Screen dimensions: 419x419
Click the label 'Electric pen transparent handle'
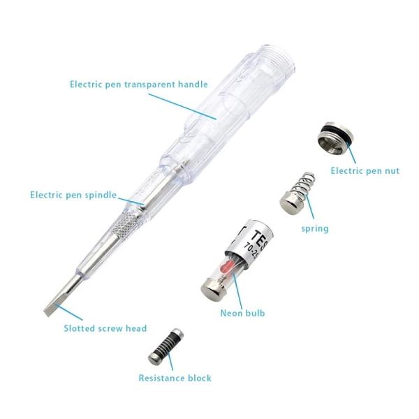(x=138, y=84)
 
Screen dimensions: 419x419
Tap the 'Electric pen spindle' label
(x=73, y=195)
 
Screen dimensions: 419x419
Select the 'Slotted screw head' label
(x=105, y=328)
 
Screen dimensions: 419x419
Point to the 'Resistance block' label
(x=175, y=378)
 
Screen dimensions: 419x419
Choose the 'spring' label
(x=314, y=228)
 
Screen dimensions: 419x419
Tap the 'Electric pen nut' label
(x=365, y=170)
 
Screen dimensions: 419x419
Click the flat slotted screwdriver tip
(x=59, y=304)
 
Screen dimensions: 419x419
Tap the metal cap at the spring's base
(x=289, y=204)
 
